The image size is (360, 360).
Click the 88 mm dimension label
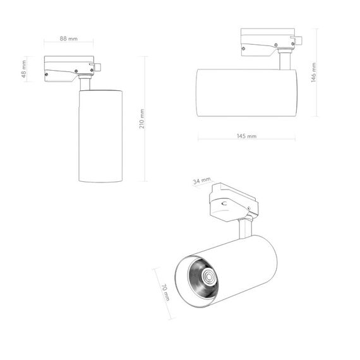coord(68,39)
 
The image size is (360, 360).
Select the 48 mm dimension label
coord(24,69)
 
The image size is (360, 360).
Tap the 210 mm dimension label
coord(142,119)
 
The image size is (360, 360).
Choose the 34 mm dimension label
coord(201,181)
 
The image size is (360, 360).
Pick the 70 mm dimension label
coord(165,292)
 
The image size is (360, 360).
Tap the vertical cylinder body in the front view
coord(100,136)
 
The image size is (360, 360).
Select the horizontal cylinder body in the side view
coord(246,92)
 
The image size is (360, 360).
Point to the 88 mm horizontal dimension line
coord(68,44)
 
